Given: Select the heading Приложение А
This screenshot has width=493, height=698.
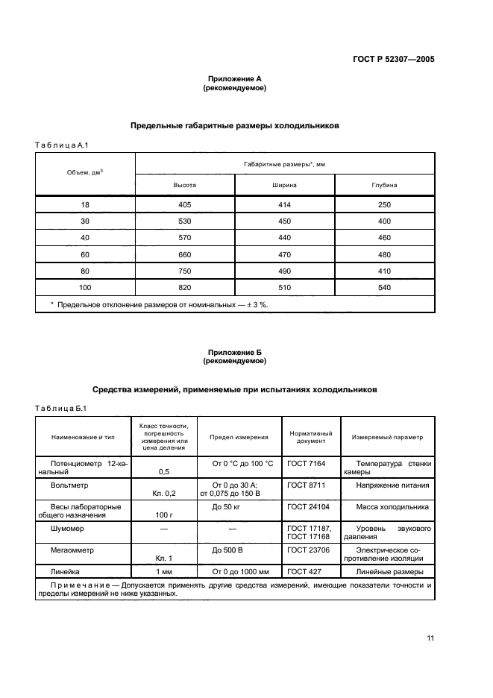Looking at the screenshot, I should point(234,78).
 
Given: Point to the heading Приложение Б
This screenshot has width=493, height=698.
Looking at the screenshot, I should point(234,351).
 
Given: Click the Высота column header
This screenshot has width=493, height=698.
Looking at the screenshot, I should point(185,184).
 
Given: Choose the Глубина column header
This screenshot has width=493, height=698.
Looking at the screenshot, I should point(385,184).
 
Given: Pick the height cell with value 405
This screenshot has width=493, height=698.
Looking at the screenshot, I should point(185,205).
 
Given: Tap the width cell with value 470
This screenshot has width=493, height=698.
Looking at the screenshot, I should point(285,254).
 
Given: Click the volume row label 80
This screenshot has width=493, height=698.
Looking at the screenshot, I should point(85,271).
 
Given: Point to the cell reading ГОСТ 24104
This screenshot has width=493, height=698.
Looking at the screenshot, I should point(307,506).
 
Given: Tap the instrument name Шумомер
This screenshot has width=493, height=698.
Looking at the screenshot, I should point(68,528).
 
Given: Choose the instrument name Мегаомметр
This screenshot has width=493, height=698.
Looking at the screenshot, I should point(72,550).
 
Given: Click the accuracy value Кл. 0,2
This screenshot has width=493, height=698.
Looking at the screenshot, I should point(163,494).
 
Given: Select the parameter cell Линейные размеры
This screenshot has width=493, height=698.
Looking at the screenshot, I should point(389,571).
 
